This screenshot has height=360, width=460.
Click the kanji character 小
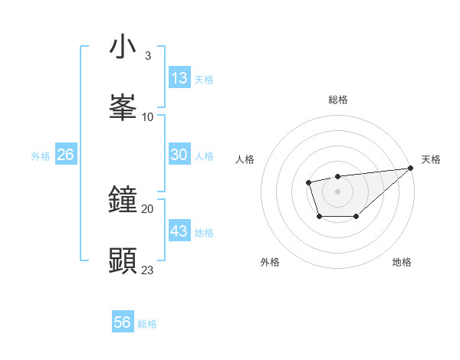pyautogui.click(x=123, y=47)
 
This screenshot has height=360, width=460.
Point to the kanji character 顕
pyautogui.click(x=123, y=261)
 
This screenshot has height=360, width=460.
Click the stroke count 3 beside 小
pyautogui.click(x=147, y=56)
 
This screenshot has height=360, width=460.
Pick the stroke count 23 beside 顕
pyautogui.click(x=148, y=270)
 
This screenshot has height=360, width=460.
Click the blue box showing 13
pyautogui.click(x=179, y=77)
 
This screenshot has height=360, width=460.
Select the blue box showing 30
pyautogui.click(x=179, y=154)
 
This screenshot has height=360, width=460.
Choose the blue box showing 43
pyautogui.click(x=179, y=231)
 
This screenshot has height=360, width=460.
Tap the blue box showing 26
pyautogui.click(x=65, y=154)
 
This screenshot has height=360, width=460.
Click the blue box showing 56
pyautogui.click(x=123, y=322)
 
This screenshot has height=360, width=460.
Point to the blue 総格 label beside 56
pyautogui.click(x=147, y=324)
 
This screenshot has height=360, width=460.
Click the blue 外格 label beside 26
pyautogui.click(x=41, y=155)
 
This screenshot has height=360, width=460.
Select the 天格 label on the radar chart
pyautogui.click(x=431, y=159)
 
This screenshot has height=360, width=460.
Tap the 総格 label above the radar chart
pyautogui.click(x=338, y=100)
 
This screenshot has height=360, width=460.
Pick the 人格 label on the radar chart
pyautogui.click(x=245, y=159)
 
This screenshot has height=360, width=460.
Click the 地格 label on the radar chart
pyautogui.click(x=402, y=262)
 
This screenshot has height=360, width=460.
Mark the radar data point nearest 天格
pyautogui.click(x=411, y=168)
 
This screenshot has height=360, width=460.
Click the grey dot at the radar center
pyautogui.click(x=337, y=191)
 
